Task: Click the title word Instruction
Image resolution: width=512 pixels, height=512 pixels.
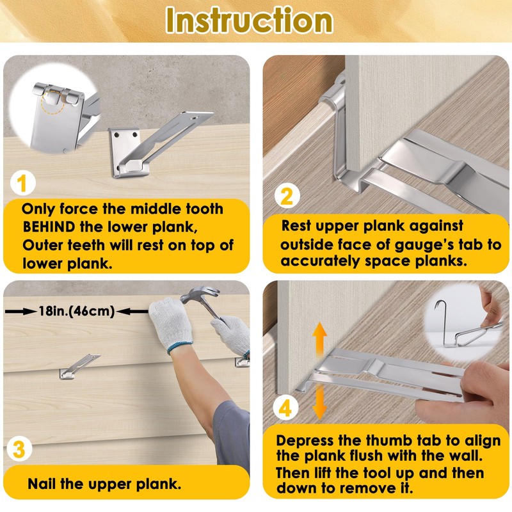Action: click(249, 20)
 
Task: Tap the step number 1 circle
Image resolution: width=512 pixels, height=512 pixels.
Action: click(22, 184)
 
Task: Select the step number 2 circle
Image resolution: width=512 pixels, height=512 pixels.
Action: click(286, 196)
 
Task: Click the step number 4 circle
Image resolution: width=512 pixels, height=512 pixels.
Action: click(285, 408)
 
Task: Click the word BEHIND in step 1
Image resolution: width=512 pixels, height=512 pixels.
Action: click(49, 227)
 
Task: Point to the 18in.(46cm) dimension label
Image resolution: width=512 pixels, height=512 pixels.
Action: click(77, 311)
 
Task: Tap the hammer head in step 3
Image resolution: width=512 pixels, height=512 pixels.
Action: click(200, 295)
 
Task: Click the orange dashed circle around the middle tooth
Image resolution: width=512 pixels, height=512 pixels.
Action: click(53, 102)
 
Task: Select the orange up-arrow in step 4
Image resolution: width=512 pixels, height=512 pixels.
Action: click(319, 340)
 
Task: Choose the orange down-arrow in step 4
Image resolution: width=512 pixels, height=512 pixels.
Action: click(319, 401)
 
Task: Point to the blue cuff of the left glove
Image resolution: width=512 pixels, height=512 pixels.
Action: click(180, 348)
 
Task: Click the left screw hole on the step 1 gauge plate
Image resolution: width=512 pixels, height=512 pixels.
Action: click(115, 134)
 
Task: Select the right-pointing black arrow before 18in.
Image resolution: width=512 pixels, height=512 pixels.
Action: click(20, 311)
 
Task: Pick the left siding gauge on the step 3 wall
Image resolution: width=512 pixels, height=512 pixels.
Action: click(79, 366)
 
